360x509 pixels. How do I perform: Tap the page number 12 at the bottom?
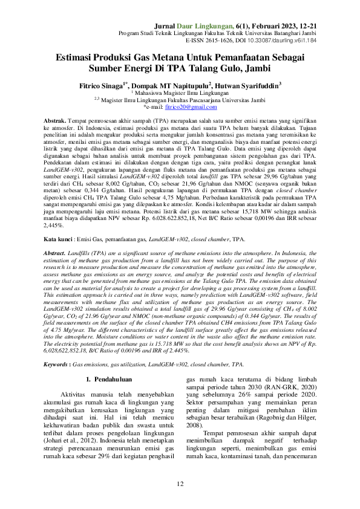click(180, 484)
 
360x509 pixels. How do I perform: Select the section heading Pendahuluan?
click(114, 379)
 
